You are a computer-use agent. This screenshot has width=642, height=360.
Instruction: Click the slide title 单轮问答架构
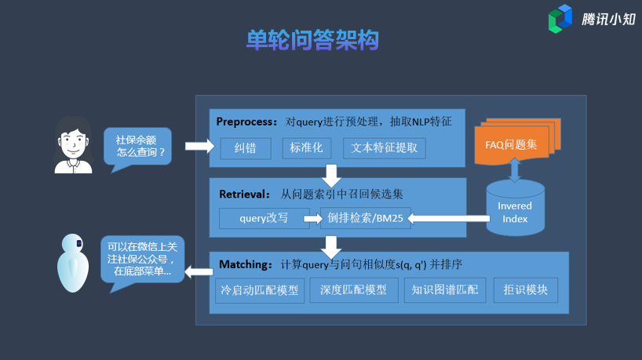(312, 40)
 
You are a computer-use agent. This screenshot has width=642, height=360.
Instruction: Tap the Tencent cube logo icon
(560, 19)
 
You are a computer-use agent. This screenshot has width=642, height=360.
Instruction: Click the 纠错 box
(246, 148)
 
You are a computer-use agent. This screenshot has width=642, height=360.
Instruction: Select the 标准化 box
(307, 148)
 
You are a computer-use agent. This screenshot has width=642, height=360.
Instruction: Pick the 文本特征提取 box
(384, 148)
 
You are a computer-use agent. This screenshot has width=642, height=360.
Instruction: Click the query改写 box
(264, 218)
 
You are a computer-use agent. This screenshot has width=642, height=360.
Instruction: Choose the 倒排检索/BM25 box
(365, 218)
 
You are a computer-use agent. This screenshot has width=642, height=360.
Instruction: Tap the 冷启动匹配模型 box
(260, 290)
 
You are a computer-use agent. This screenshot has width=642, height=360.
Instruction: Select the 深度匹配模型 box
(354, 290)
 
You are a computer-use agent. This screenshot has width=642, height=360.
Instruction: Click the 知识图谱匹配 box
(445, 290)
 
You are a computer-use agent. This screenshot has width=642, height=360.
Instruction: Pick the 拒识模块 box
(526, 290)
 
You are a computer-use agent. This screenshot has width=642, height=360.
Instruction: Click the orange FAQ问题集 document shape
(517, 141)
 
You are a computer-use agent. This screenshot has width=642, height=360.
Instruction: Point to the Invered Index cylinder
(515, 208)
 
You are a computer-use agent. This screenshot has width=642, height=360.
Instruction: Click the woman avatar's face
(73, 143)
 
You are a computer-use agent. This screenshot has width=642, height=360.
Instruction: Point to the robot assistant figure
(73, 263)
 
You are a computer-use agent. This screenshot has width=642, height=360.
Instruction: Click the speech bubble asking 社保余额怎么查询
(137, 147)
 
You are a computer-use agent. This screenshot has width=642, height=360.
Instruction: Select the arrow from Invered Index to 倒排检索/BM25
(449, 219)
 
